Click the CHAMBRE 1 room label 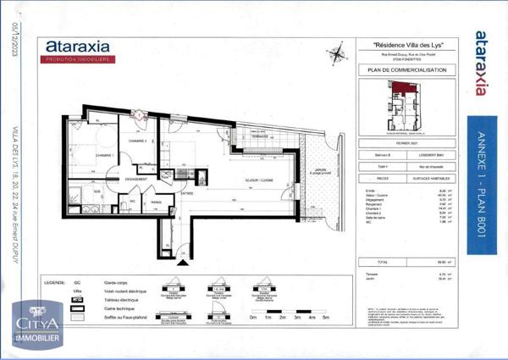104,156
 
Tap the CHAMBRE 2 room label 139,141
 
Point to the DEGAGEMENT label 137,180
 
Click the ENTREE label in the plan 186,193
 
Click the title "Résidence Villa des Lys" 410,44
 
